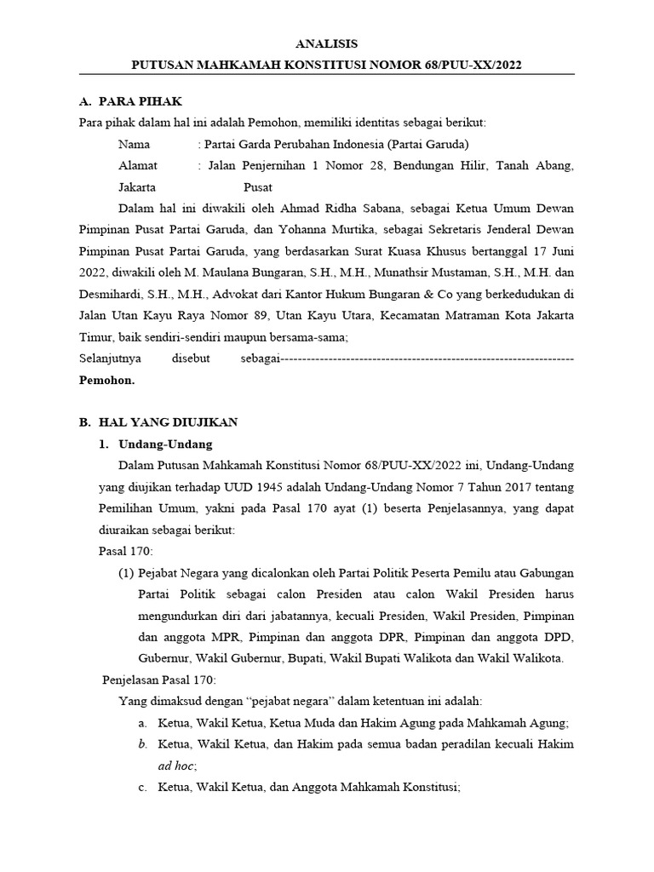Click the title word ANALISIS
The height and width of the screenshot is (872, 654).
click(328, 43)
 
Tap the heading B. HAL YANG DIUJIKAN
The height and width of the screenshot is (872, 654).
click(158, 422)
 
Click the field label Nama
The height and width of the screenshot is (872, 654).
click(134, 144)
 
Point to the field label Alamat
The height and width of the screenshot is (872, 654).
click(138, 165)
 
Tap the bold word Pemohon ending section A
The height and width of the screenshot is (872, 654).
click(106, 380)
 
